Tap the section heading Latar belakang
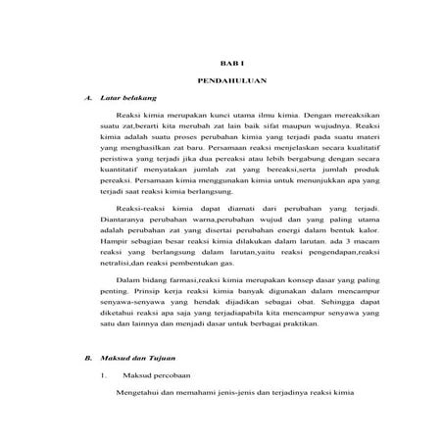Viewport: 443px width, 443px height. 127,98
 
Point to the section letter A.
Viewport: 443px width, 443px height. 90,98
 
